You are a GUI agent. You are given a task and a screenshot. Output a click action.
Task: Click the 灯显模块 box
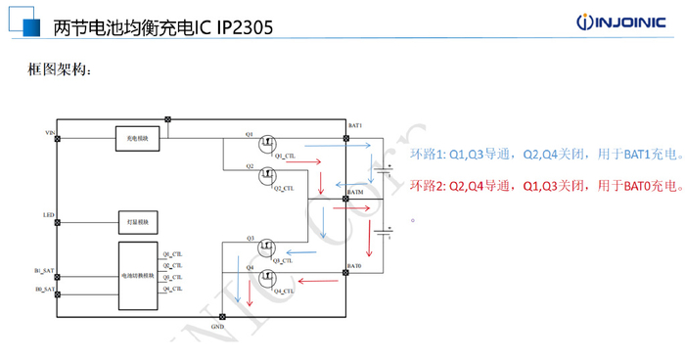pyautogui.click(x=134, y=221)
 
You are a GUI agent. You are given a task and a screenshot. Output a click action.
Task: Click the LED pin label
pyautogui.click(x=48, y=214)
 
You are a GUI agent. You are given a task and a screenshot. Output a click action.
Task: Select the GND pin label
pyautogui.click(x=216, y=323)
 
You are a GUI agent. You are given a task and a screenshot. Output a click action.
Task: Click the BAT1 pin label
pyautogui.click(x=355, y=125)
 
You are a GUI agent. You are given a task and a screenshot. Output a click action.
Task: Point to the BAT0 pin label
pyautogui.click(x=354, y=266)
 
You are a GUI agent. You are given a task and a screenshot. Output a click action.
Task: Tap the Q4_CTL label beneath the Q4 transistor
pyautogui.click(x=284, y=292)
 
